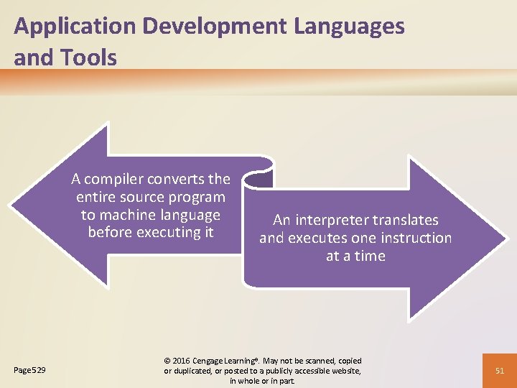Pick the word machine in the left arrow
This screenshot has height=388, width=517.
131,215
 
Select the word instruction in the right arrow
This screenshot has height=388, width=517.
416,238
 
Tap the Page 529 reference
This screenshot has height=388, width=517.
30,370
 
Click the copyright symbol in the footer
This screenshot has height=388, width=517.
168,361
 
